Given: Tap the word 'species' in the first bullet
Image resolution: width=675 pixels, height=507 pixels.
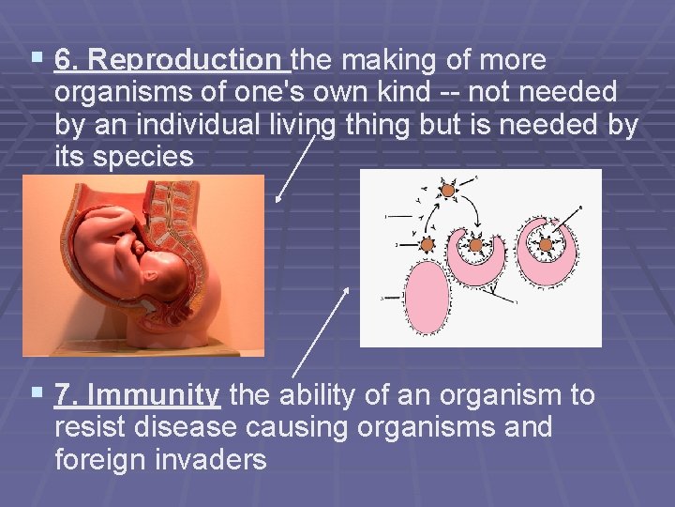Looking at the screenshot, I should pyautogui.click(x=152, y=157).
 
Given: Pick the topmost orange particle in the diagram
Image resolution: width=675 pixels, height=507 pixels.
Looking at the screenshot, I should pyautogui.click(x=448, y=191).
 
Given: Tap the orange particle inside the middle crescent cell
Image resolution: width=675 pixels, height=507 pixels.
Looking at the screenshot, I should pyautogui.click(x=475, y=247).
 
